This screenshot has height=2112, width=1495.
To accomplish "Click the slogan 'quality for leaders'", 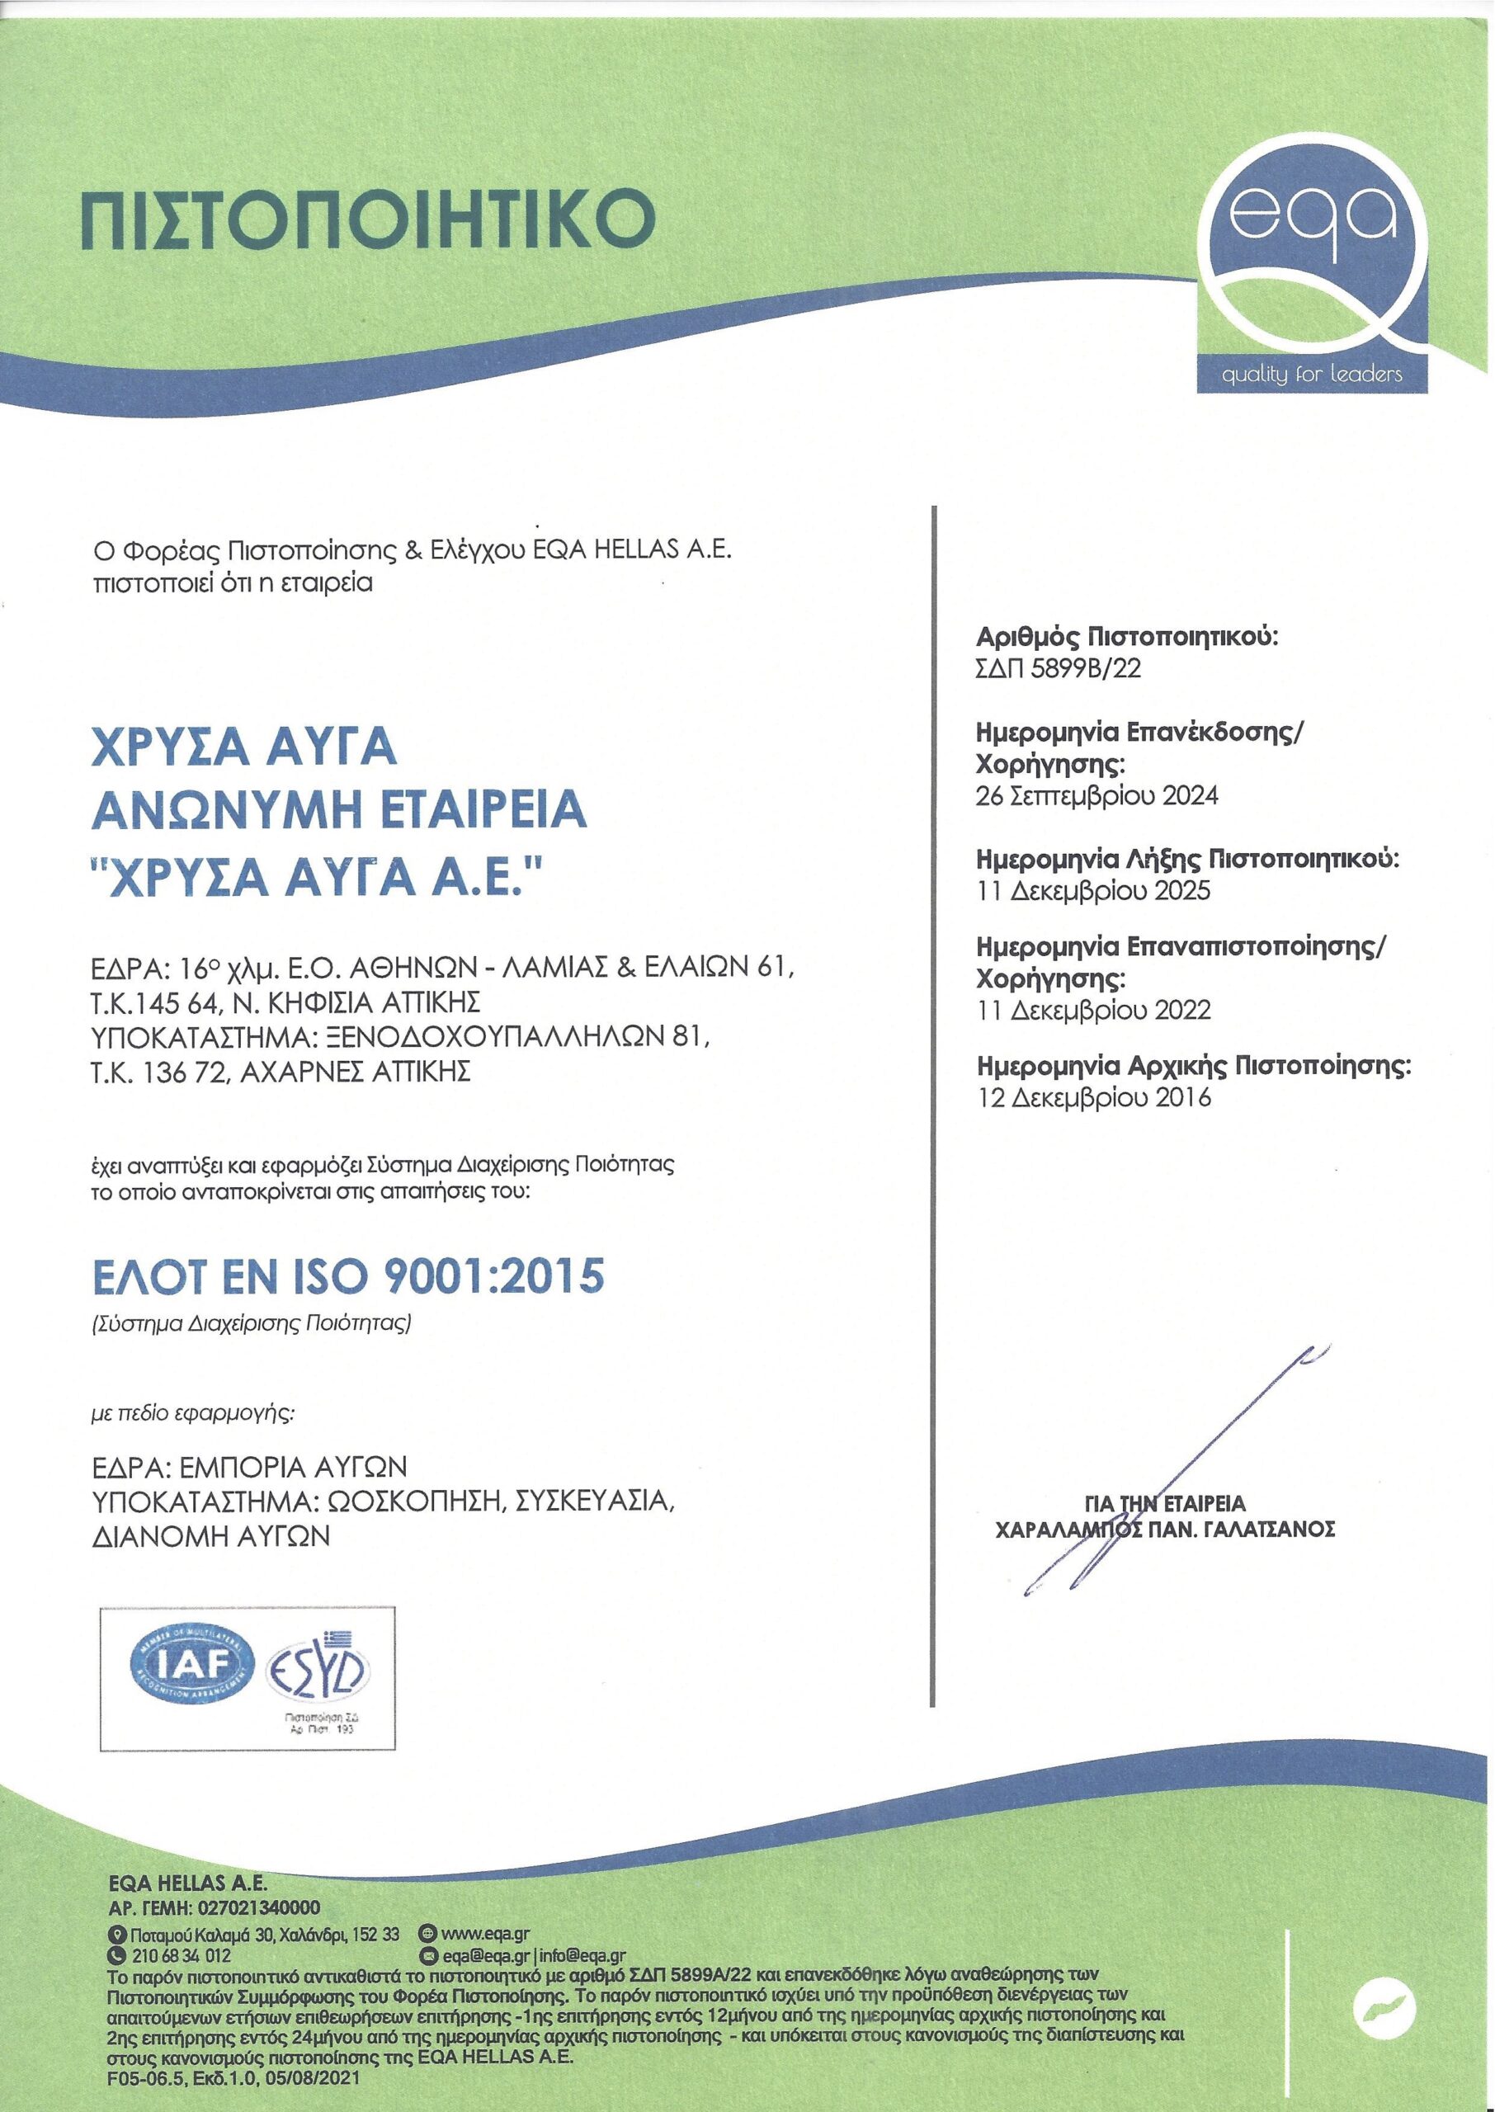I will click(1311, 375).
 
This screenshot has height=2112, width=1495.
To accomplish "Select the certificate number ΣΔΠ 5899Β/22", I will click(1058, 668).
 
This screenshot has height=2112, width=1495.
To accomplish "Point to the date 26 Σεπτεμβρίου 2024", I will click(1096, 795).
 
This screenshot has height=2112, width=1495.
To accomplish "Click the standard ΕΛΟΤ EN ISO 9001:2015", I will click(349, 1276).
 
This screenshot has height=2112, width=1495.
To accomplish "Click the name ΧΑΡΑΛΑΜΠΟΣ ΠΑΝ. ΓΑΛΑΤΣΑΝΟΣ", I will click(1166, 1530).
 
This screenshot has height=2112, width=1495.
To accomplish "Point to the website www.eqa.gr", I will click(485, 1935).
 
